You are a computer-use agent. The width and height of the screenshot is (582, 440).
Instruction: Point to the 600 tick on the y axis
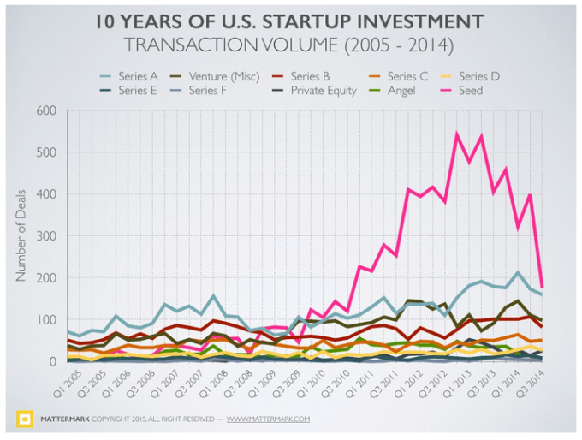pos(45,111)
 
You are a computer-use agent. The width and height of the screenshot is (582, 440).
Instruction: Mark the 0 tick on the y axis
pos(51,362)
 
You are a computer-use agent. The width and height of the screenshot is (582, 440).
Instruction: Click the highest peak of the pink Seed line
pos(457,134)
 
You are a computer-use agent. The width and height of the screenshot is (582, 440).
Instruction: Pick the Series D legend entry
pos(479,76)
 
